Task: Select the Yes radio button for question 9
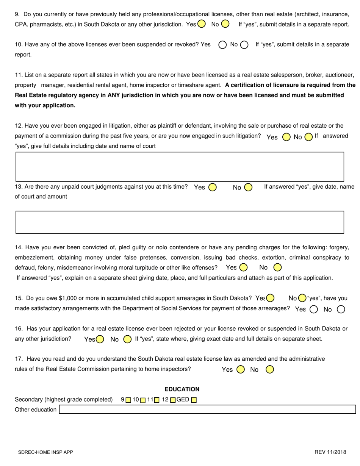(x=202, y=24)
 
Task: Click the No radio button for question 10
(x=244, y=45)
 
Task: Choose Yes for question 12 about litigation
(x=286, y=137)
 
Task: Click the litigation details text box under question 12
(x=180, y=167)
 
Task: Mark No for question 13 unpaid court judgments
(x=248, y=187)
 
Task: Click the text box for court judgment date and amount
(x=180, y=222)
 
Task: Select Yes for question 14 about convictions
(x=243, y=267)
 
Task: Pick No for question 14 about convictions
(x=277, y=267)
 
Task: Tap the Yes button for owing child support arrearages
(x=270, y=298)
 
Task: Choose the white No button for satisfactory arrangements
(x=341, y=309)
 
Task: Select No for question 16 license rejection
(x=128, y=339)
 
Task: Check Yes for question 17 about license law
(x=241, y=369)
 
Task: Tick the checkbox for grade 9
(x=128, y=400)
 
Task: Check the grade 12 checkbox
(x=173, y=400)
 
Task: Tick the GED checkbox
(x=194, y=400)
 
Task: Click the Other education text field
(x=207, y=409)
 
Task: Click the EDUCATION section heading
(x=182, y=389)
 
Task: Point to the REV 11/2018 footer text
(x=330, y=452)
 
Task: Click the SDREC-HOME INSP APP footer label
(x=45, y=452)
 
